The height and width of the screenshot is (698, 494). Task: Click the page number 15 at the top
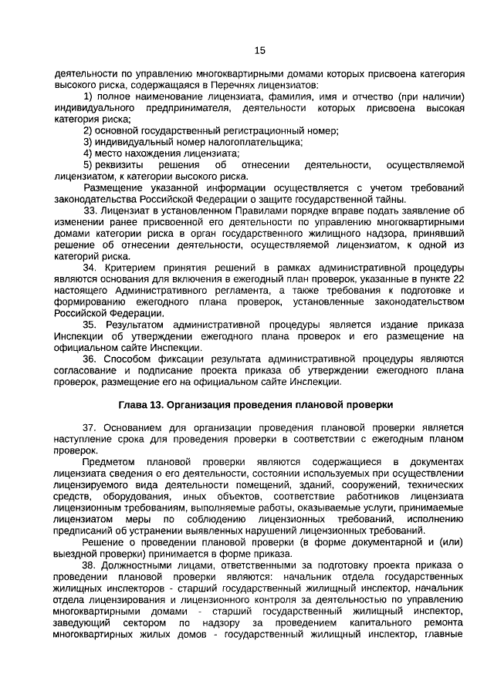pyautogui.click(x=259, y=51)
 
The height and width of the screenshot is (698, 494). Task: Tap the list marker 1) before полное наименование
pyautogui.click(x=88, y=98)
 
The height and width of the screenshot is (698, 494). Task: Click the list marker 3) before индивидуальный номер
pyautogui.click(x=88, y=142)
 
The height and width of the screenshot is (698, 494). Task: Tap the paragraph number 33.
pyautogui.click(x=90, y=211)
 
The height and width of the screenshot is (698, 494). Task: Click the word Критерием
pyautogui.click(x=127, y=268)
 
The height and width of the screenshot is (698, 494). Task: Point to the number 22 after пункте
pyautogui.click(x=458, y=278)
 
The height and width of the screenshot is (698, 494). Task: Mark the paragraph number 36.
pyautogui.click(x=90, y=359)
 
